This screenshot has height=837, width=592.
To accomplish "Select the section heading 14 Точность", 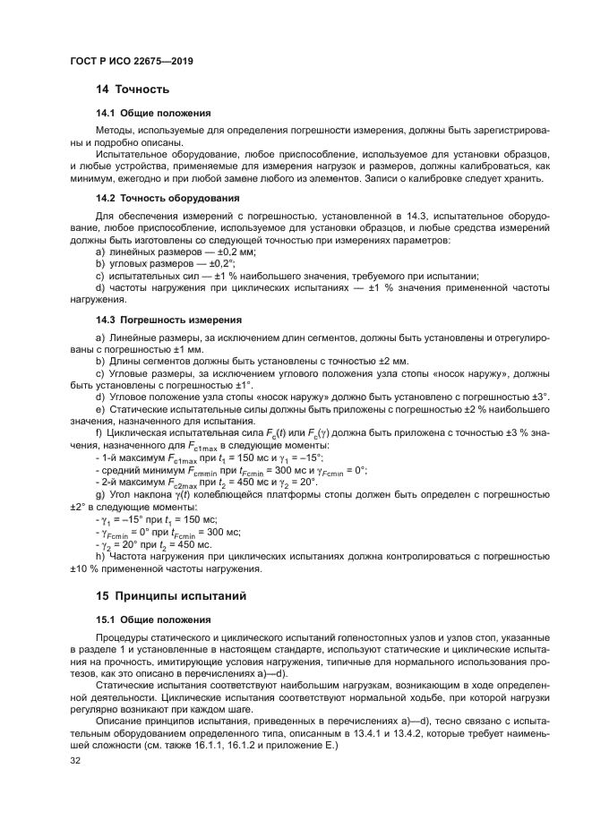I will pos(133,90).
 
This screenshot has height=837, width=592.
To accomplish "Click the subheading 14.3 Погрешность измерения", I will pos(166,319).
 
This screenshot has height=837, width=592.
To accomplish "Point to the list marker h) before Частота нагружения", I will pos(99,556).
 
